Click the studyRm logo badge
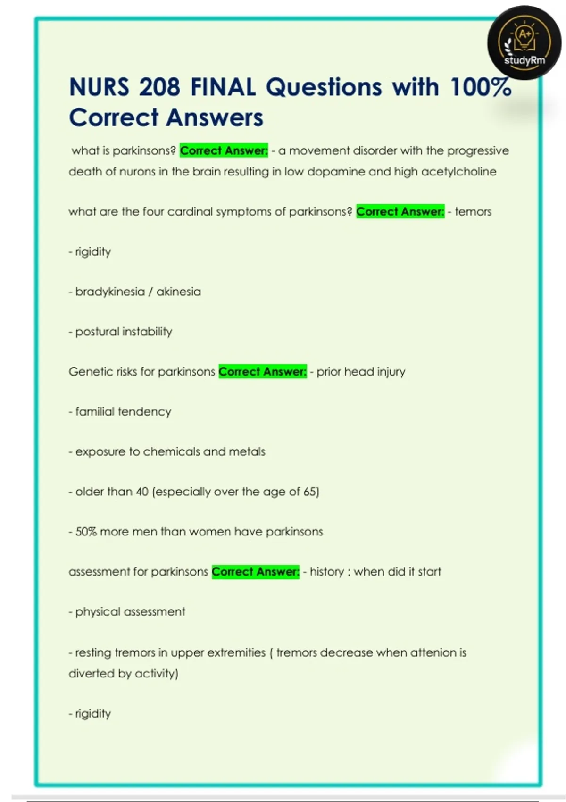point(524,43)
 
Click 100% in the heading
point(481,87)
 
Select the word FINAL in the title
point(223,87)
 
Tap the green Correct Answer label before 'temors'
point(400,211)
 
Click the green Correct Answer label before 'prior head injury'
point(262,371)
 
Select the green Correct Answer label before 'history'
point(255,571)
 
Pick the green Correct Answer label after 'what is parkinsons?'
point(224,150)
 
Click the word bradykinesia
point(110,292)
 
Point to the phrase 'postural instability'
point(124,332)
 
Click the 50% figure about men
point(86,532)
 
